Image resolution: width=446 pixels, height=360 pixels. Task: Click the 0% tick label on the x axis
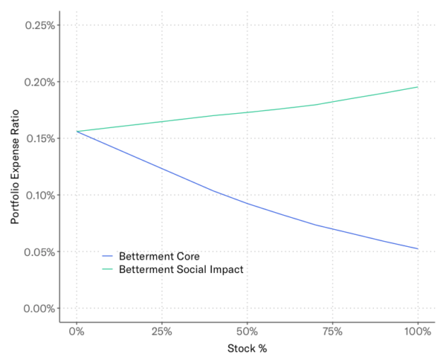point(77,331)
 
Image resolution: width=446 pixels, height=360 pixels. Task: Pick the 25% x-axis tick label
point(161,331)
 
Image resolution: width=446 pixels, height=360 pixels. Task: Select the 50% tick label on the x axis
point(247,331)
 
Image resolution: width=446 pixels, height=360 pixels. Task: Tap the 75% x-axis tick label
point(332,331)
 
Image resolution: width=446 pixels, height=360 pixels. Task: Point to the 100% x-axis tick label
point(418,331)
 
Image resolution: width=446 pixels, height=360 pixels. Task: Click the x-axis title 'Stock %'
point(247,348)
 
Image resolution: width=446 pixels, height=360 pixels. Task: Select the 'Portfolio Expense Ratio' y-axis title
point(15,167)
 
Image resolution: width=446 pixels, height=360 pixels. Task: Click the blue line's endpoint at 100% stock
point(418,248)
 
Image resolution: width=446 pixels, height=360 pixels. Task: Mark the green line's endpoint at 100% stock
point(418,87)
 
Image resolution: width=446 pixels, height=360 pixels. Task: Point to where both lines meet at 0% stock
point(77,132)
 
